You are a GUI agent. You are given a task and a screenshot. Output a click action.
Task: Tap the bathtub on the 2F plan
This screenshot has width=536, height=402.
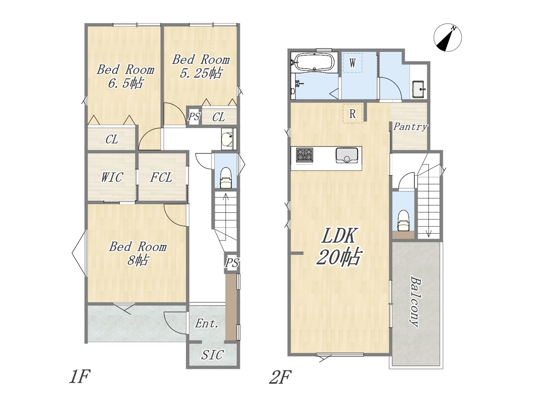pyautogui.click(x=314, y=62)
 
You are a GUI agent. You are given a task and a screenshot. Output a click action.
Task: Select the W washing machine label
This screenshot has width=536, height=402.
pyautogui.click(x=352, y=63)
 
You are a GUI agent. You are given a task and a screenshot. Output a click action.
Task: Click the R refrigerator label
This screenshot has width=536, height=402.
pyautogui.click(x=352, y=113)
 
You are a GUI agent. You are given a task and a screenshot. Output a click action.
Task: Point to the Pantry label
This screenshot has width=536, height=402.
pyautogui.click(x=410, y=127)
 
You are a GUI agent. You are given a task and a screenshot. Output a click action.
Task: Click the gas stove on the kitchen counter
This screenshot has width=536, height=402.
pyautogui.click(x=304, y=155)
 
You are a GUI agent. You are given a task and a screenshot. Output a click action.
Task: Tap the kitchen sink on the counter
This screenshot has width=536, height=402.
pyautogui.click(x=347, y=155)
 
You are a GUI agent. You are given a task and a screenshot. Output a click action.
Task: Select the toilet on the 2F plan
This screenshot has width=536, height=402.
pyautogui.click(x=403, y=221)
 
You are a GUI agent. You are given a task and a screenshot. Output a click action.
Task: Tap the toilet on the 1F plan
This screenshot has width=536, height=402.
pyautogui.click(x=226, y=178)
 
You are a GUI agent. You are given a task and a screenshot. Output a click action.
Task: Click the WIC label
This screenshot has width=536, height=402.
pyautogui.click(x=112, y=177)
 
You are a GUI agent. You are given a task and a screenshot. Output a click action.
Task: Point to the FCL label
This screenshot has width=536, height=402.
pyautogui.click(x=161, y=177)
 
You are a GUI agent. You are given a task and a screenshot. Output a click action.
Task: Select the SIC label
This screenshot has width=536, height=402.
pyautogui.click(x=212, y=355)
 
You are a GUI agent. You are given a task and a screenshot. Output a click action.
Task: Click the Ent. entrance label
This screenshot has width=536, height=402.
pyautogui.click(x=206, y=324)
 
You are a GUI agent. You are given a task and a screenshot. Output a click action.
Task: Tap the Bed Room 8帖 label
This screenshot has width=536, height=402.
pyautogui.click(x=138, y=253)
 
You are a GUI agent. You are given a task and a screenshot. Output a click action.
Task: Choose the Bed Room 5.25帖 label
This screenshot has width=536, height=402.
pyautogui.click(x=201, y=67)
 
